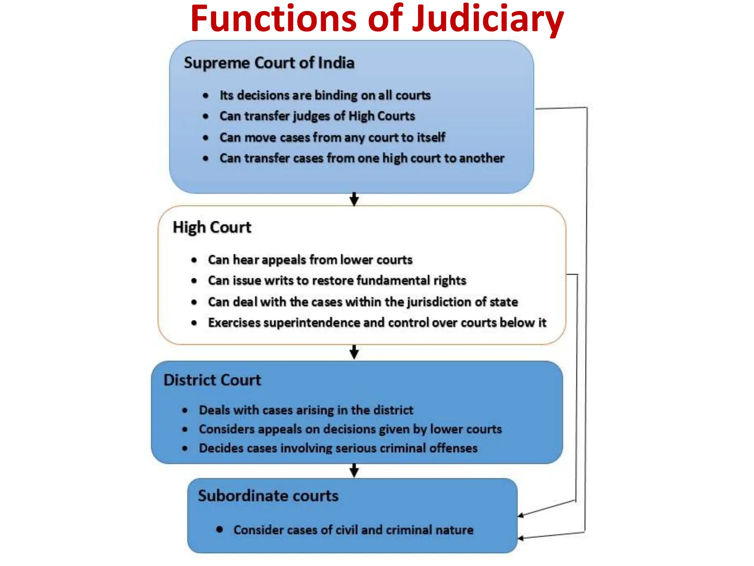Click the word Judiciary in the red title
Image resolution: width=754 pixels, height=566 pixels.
[x=487, y=19]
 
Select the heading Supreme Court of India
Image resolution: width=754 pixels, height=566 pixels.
[x=269, y=63]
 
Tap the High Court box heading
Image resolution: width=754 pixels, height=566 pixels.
[x=212, y=227]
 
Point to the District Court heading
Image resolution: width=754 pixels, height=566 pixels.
[x=212, y=380]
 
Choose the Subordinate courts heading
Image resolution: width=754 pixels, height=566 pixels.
[x=268, y=496]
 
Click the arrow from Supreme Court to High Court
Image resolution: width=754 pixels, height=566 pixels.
[x=354, y=199]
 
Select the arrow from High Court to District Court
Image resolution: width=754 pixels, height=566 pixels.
[x=354, y=352]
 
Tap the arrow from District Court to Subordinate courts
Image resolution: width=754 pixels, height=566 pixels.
[x=354, y=471]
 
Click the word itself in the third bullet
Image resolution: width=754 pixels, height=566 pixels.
[x=431, y=137]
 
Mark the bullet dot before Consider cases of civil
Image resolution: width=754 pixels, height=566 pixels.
[x=220, y=530]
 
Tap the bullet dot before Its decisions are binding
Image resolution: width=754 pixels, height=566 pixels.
[x=206, y=96]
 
